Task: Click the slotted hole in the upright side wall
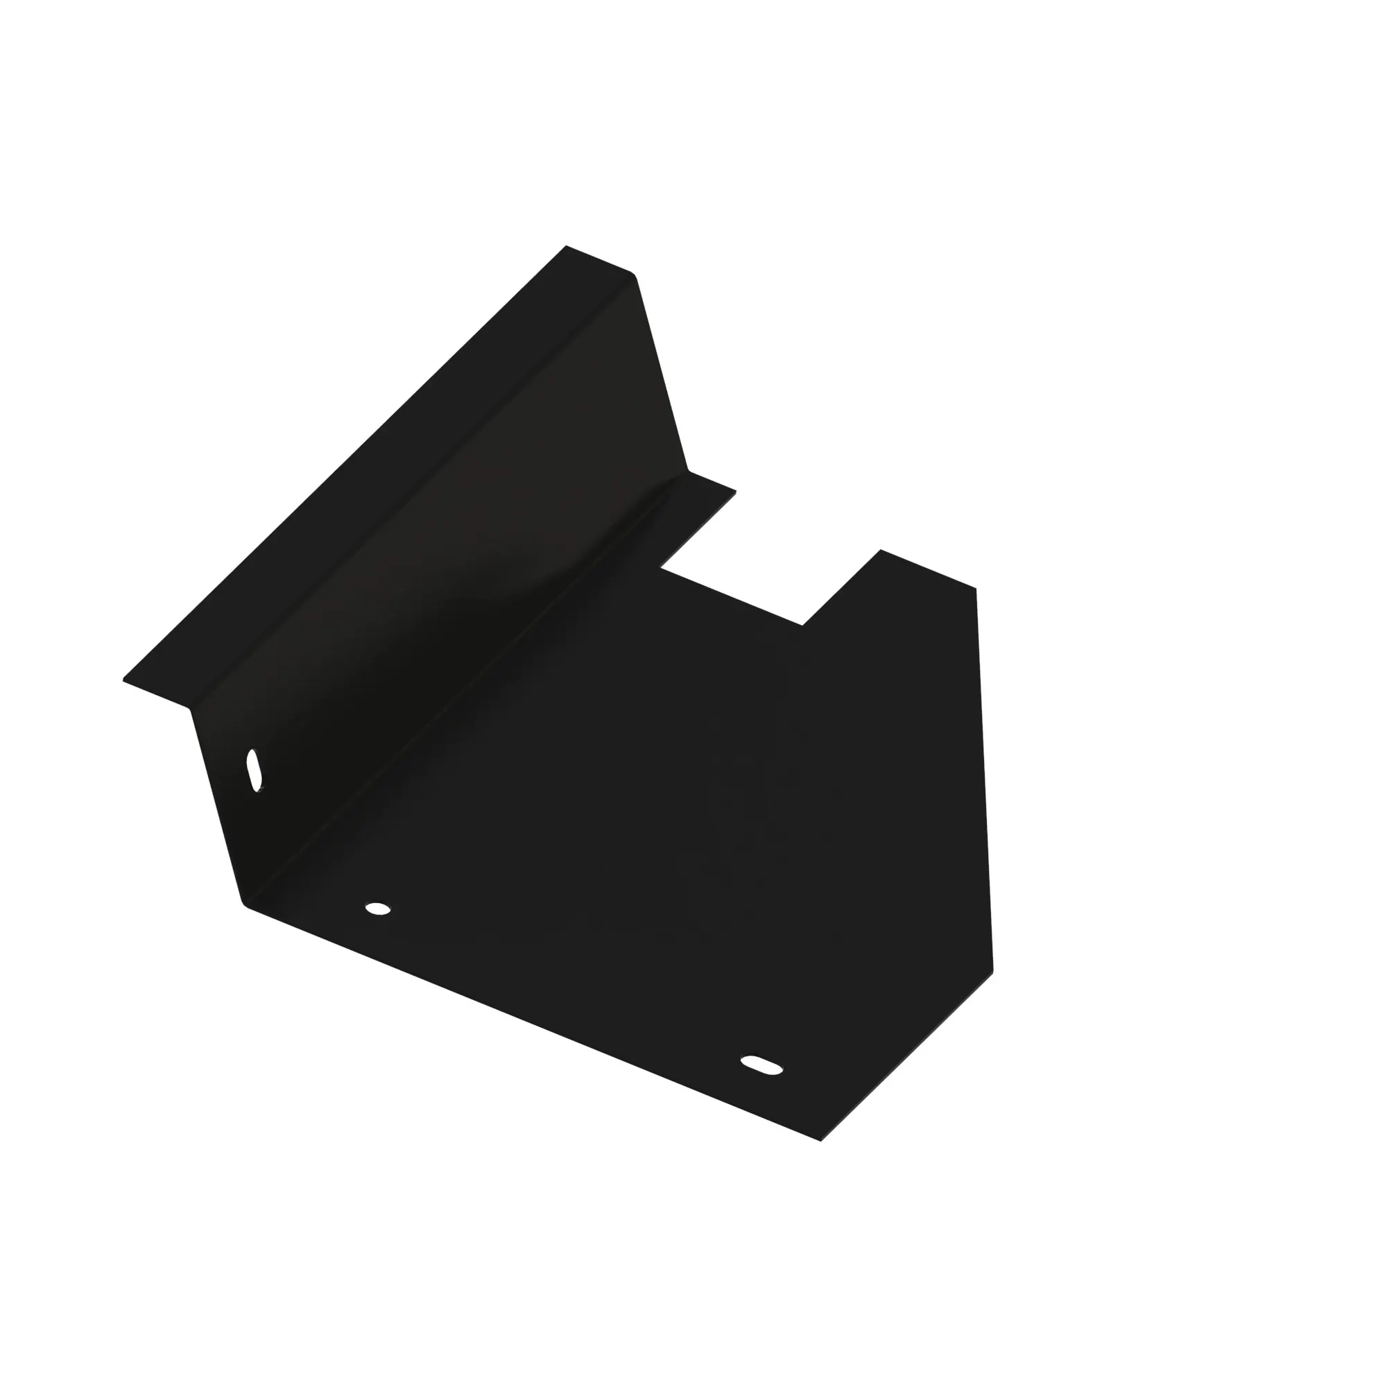[x=254, y=770]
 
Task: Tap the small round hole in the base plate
[x=378, y=909]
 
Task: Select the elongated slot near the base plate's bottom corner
[x=761, y=1065]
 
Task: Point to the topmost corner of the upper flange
[x=567, y=246]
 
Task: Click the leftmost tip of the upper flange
[x=123, y=679]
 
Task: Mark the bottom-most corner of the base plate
[x=820, y=1141]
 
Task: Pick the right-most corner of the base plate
[x=993, y=971]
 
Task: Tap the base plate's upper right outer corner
[x=976, y=589]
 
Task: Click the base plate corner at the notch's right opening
[x=881, y=550]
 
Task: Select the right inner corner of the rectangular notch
[x=802, y=626]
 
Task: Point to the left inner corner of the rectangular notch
[x=661, y=568]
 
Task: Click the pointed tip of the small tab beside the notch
[x=736, y=492]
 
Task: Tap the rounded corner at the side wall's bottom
[x=244, y=904]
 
